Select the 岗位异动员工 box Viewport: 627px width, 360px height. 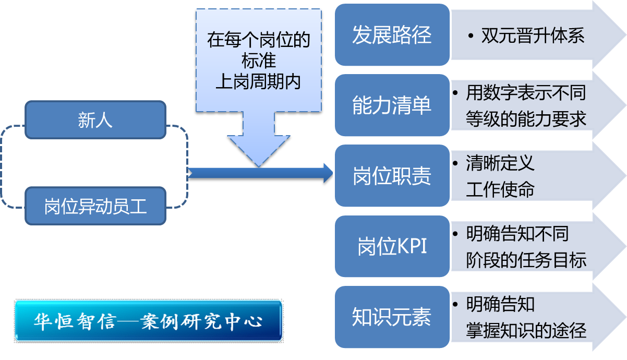tap(95, 207)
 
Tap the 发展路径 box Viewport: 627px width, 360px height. tap(392, 35)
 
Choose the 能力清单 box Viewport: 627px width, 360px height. tap(392, 105)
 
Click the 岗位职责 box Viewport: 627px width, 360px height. tap(392, 176)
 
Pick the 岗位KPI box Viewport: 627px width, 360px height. tap(392, 246)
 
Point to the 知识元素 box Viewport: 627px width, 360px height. tap(392, 317)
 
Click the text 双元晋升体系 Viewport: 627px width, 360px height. tap(533, 35)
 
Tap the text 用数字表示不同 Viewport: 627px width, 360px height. tap(526, 93)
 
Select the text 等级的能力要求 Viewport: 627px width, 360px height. tap(526, 118)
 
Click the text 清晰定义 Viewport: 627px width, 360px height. tap(500, 164)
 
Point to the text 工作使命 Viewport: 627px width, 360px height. tap(500, 189)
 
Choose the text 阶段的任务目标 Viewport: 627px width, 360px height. tap(526, 259)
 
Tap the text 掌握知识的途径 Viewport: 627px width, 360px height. tap(526, 330)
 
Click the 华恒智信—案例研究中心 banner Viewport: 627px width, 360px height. tap(149, 321)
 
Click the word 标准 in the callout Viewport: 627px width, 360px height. tap(258, 61)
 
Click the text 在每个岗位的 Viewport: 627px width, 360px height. tap(258, 40)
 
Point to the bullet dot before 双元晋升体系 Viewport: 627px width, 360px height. tap(471, 36)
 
